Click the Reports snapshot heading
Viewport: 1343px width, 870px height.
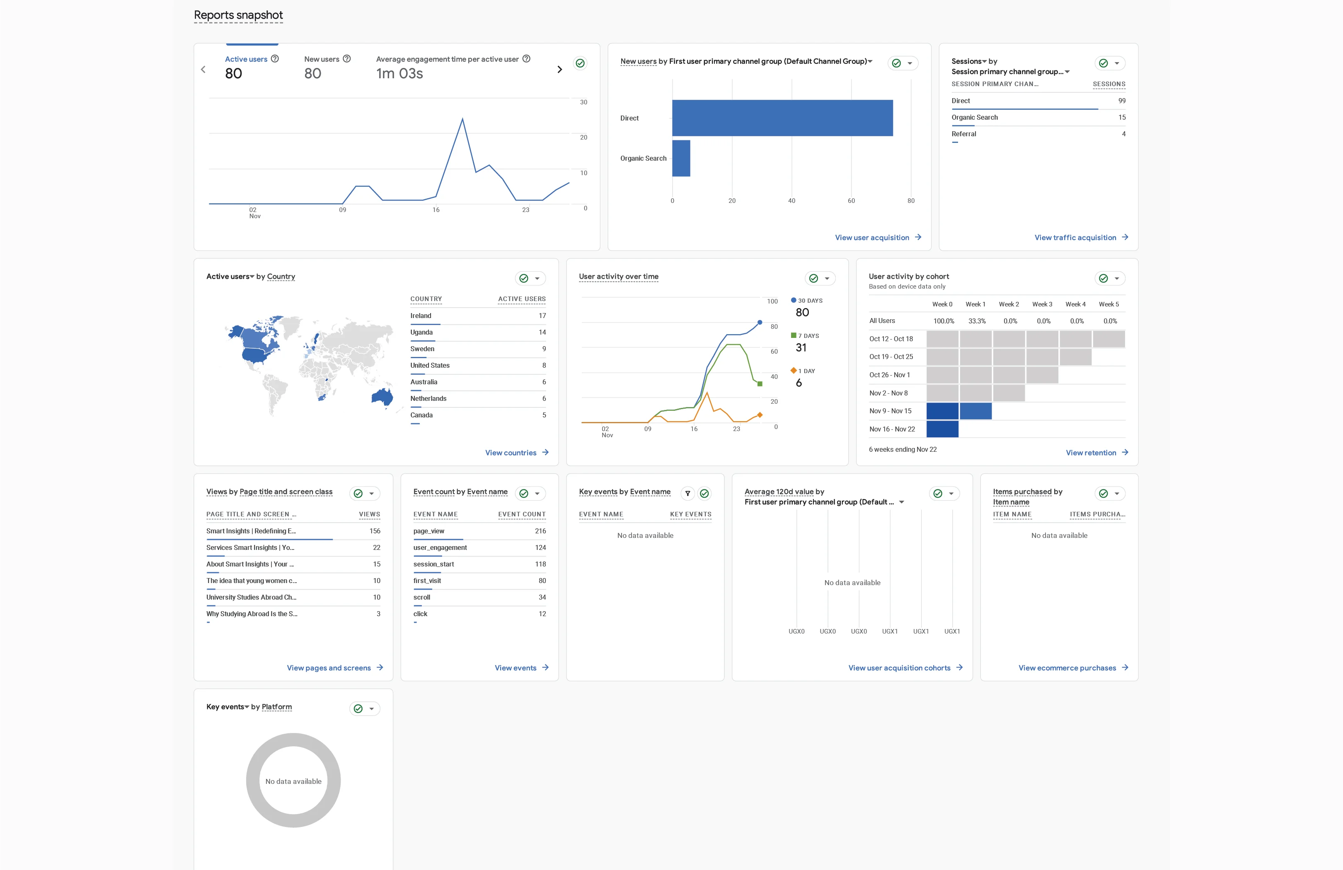coord(238,15)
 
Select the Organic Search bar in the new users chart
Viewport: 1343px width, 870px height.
coord(681,159)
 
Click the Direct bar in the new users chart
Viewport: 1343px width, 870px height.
coord(782,118)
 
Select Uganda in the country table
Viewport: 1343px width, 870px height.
coord(421,332)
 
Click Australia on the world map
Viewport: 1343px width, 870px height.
coord(382,397)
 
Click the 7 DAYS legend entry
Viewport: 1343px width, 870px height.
coord(808,335)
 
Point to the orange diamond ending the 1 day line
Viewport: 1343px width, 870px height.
coord(760,415)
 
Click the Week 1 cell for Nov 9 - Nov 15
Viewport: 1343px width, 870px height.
coord(975,411)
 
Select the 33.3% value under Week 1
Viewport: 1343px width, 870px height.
coord(977,321)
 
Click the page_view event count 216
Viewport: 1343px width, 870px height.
coord(540,531)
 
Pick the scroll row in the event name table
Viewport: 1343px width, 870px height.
coord(421,597)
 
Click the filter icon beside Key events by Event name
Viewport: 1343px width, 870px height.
coord(687,493)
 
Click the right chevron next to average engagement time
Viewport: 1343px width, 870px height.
coord(560,69)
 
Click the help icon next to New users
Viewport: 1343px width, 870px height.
coord(347,59)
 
